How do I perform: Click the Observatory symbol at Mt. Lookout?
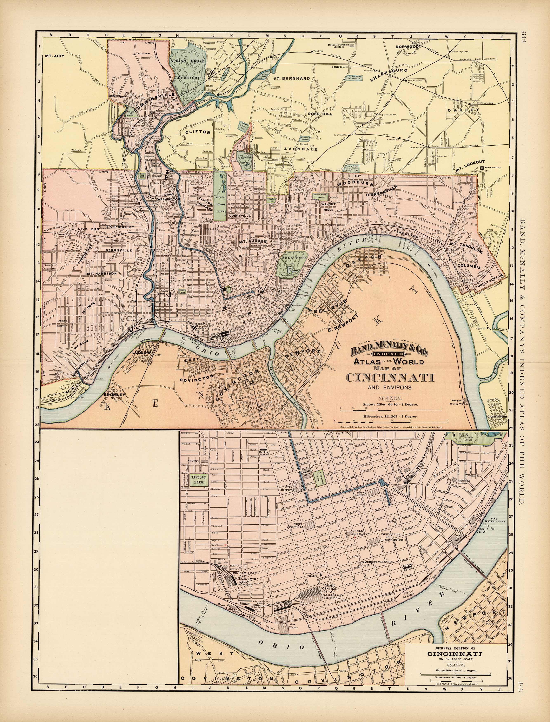click(482, 168)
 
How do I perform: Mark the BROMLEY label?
click(115, 395)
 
